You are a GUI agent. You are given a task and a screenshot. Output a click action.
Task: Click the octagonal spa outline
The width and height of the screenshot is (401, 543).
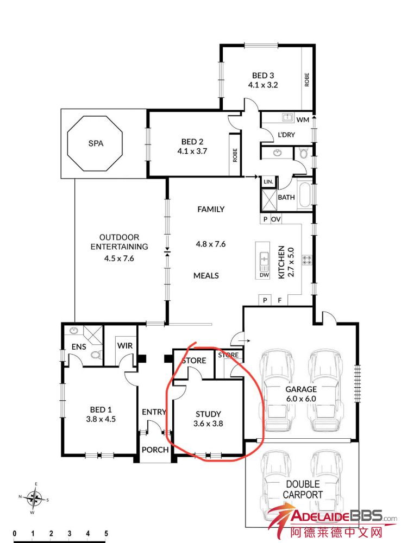[x=67, y=143]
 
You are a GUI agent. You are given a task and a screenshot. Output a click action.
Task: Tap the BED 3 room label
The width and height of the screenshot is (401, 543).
[x=263, y=75]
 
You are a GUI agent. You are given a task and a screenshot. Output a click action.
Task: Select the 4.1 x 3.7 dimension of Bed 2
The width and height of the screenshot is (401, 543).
[x=192, y=151]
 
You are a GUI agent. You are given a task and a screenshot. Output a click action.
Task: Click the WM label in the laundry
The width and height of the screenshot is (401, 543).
[x=303, y=120]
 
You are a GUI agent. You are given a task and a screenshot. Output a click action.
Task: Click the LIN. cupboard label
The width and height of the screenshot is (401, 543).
[x=268, y=181]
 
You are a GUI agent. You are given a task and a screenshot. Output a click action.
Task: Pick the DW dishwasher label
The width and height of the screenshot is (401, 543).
[x=264, y=275]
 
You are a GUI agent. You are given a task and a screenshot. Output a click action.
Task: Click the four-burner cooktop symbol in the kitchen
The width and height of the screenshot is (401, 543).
[x=306, y=260]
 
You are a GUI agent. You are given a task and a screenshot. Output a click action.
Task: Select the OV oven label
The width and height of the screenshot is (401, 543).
[x=276, y=219]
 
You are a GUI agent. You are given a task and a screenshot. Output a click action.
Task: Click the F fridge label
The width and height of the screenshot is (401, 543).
[x=280, y=300]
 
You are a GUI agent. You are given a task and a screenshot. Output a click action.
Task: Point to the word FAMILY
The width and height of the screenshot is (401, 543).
[x=211, y=209]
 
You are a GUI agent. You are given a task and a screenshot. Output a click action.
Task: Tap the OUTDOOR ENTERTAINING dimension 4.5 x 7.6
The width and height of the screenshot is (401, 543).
[x=119, y=258]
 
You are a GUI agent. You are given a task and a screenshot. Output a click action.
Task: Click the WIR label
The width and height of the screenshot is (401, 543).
[x=125, y=345]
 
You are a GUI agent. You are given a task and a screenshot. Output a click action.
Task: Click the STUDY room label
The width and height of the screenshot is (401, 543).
[x=208, y=414]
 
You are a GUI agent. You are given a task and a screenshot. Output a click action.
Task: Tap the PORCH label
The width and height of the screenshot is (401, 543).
[x=155, y=450]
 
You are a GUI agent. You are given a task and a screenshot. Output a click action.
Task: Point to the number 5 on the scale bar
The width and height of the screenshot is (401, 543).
[x=106, y=533]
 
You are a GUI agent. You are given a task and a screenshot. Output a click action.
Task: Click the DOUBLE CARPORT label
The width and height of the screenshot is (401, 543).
[x=303, y=489]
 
